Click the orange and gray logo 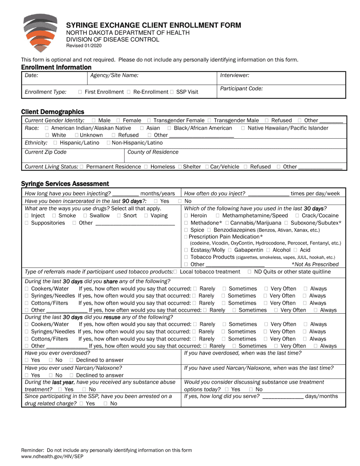(x=41, y=33)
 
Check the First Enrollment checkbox (x=80, y=92)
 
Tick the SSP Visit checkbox (x=172, y=92)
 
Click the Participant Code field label (x=241, y=89)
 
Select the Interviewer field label (x=235, y=75)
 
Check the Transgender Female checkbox (x=149, y=120)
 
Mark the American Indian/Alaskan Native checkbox (x=47, y=128)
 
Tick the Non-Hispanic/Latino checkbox (x=108, y=143)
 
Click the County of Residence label (x=153, y=152)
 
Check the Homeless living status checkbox (x=146, y=167)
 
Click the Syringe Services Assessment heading (x=65, y=184)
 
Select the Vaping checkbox (x=146, y=216)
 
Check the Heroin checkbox (x=186, y=216)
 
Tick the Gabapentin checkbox (x=230, y=250)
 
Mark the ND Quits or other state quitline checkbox (x=249, y=272)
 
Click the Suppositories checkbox (x=27, y=223)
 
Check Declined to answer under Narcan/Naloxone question (x=72, y=375)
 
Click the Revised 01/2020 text (x=84, y=46)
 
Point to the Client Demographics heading (x=53, y=112)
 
